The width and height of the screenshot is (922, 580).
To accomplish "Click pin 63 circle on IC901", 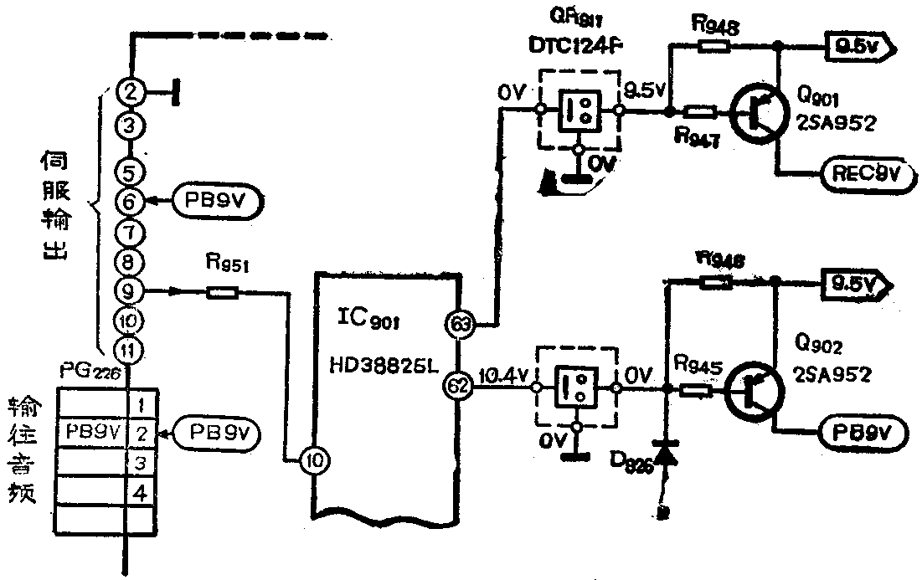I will tap(459, 325).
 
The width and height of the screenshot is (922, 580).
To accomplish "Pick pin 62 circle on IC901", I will tap(459, 386).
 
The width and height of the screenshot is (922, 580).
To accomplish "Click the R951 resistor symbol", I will tap(223, 291).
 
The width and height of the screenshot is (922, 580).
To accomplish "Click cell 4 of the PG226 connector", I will tap(142, 494).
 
